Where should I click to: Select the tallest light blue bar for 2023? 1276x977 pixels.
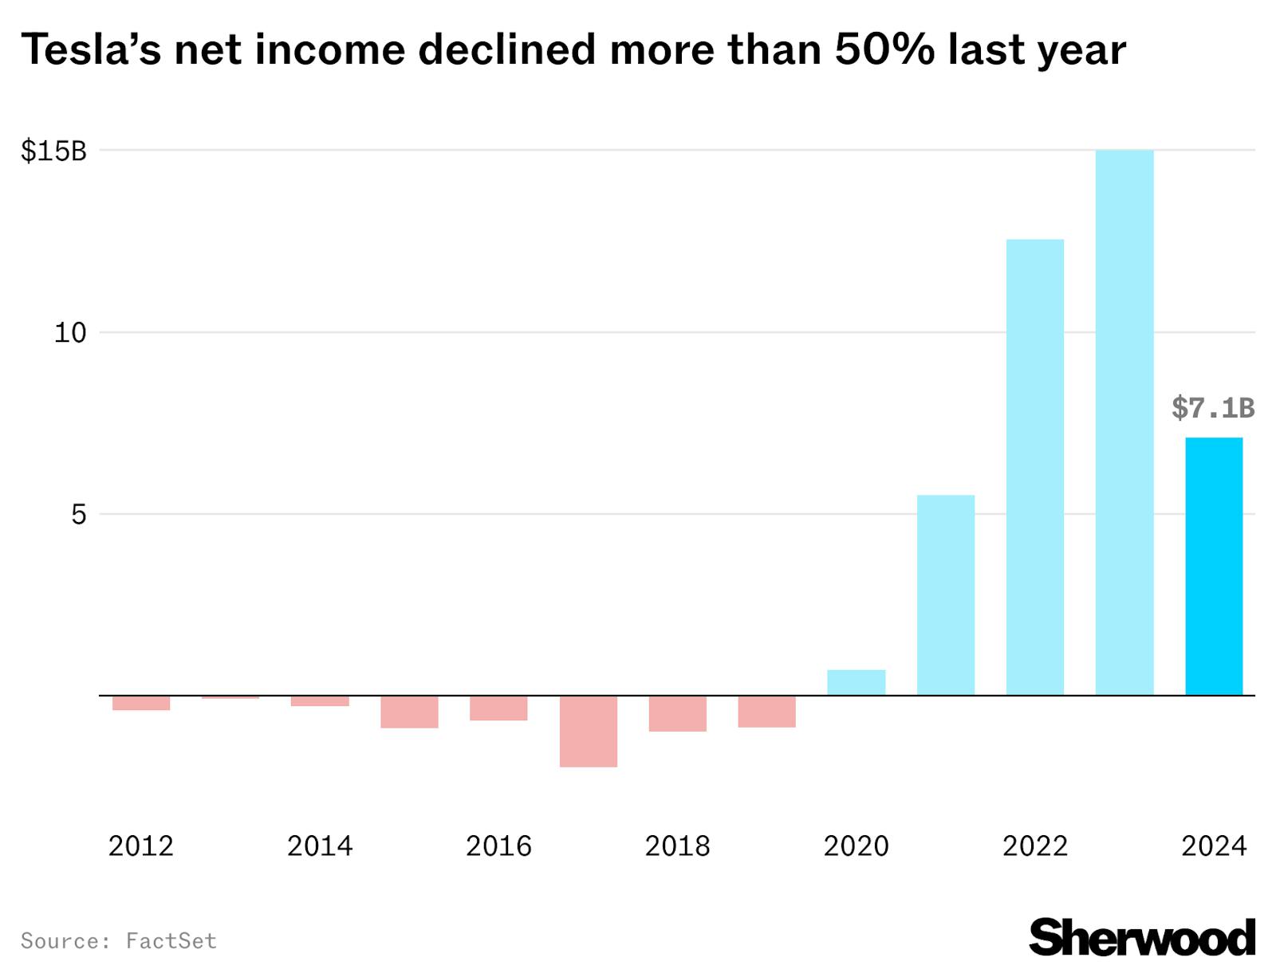click(x=1124, y=422)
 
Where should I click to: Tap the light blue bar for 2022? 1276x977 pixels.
click(x=1034, y=467)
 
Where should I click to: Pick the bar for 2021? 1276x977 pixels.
click(x=945, y=594)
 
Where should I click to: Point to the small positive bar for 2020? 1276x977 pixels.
click(x=856, y=683)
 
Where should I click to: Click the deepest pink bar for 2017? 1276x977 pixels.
click(x=588, y=732)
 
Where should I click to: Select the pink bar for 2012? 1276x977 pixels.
click(x=141, y=703)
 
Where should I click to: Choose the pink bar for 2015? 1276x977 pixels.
click(x=409, y=712)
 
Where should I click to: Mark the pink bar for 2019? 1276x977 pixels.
click(x=766, y=712)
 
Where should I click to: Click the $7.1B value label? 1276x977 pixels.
click(x=1212, y=408)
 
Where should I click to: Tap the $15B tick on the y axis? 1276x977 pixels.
click(x=53, y=151)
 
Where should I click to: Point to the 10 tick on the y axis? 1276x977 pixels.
click(x=69, y=332)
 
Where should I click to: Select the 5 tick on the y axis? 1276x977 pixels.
click(x=77, y=514)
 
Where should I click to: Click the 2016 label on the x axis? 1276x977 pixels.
click(x=498, y=846)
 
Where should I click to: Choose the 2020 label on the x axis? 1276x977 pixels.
click(x=856, y=846)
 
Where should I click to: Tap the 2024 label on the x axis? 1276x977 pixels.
click(x=1213, y=846)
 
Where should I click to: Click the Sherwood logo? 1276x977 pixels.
click(x=1141, y=937)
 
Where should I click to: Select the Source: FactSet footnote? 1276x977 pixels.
click(x=118, y=941)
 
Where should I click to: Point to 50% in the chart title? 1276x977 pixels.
click(x=884, y=49)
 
